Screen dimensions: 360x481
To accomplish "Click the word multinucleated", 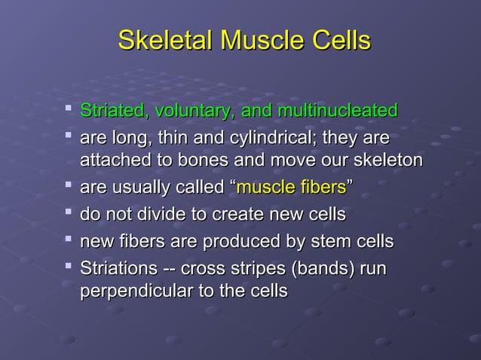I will [338, 111].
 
